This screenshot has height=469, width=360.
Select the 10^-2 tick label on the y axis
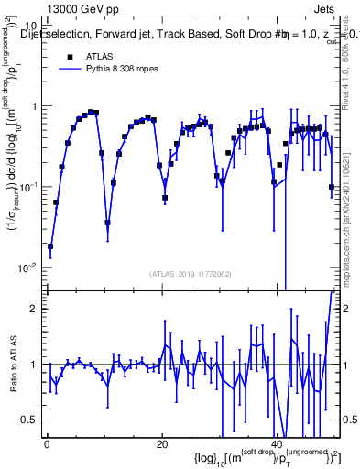29,267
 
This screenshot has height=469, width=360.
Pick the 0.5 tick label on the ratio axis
31,420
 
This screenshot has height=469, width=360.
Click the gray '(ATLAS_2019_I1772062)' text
191,274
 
